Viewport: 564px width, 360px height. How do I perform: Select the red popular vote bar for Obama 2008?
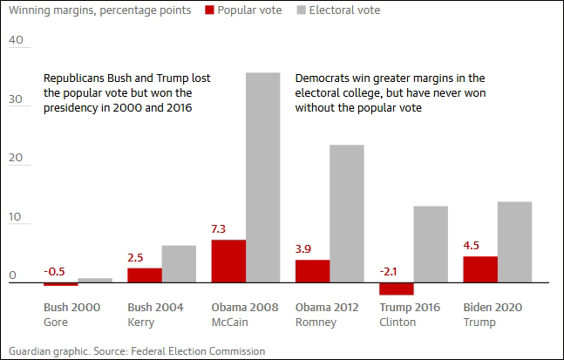click(228, 261)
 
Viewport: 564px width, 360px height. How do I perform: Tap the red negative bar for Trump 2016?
click(396, 289)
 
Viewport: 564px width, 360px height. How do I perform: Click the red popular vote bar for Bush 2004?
click(145, 275)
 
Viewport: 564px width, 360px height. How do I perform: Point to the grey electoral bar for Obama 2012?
click(346, 213)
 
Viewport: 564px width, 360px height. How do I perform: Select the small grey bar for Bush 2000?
click(95, 280)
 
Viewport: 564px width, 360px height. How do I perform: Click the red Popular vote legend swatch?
click(210, 10)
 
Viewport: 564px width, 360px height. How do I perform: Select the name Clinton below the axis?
click(398, 322)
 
